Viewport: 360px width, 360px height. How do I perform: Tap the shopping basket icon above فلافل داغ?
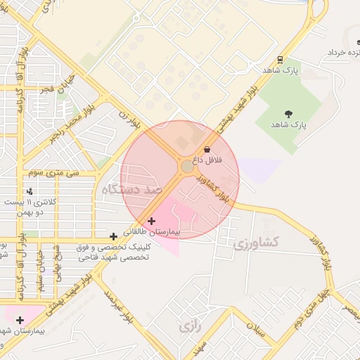207,149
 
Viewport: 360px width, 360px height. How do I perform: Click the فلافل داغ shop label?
208,160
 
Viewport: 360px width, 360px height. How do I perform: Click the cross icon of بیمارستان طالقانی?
151,221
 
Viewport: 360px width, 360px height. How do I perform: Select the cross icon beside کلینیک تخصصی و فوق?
114,236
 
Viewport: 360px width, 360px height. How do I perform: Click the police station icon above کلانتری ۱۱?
30,191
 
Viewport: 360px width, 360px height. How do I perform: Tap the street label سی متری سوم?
53,172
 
